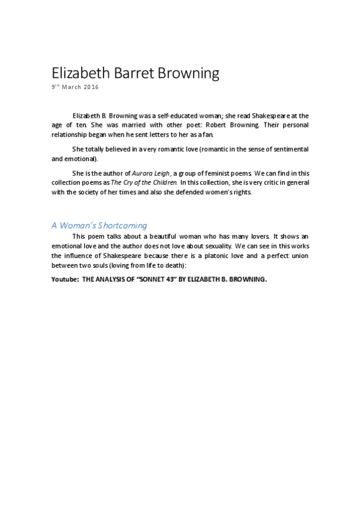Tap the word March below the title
pos(72,87)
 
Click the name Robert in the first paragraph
pos(240,125)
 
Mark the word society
pos(104,192)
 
